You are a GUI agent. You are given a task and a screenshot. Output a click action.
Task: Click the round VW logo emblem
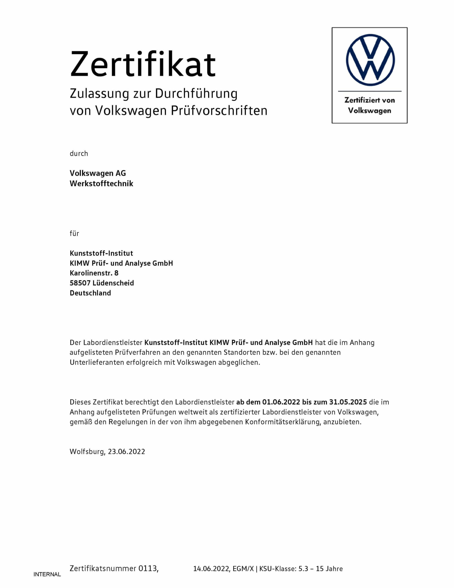click(x=370, y=60)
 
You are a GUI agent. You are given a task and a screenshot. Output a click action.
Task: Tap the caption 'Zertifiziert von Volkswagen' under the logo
click(x=370, y=105)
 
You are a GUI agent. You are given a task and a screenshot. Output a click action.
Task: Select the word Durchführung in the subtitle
click(x=196, y=94)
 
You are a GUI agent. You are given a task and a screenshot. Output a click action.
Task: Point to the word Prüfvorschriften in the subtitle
click(x=219, y=111)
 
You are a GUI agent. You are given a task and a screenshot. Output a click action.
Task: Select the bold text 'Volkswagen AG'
click(x=98, y=173)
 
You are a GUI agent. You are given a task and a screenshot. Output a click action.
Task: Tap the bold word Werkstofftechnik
click(x=101, y=184)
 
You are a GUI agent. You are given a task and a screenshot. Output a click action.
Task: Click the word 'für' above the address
click(x=74, y=233)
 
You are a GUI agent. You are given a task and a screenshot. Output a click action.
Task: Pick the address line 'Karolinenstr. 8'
click(x=94, y=273)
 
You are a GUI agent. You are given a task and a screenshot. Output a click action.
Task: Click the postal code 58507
click(x=80, y=283)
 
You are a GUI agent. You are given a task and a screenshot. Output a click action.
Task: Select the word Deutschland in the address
click(x=90, y=293)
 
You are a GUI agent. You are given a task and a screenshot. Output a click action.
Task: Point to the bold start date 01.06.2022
click(x=281, y=402)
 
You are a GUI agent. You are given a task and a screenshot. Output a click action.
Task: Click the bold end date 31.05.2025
click(x=348, y=402)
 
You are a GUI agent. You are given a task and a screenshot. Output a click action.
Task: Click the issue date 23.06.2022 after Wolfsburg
click(x=126, y=452)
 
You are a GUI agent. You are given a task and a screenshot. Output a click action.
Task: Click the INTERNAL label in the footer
click(x=47, y=574)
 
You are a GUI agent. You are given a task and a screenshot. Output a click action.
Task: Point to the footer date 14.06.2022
click(x=211, y=569)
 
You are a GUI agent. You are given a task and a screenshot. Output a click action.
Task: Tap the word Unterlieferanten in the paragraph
click(x=97, y=362)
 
